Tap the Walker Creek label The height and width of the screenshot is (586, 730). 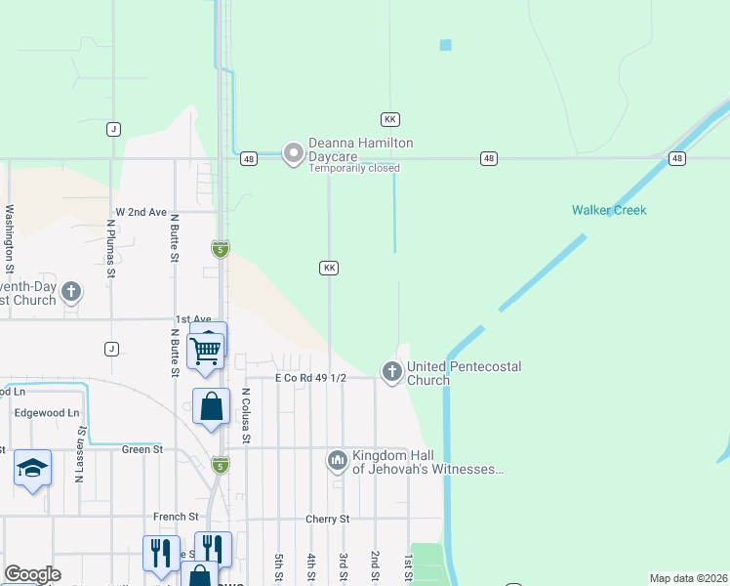tap(609, 210)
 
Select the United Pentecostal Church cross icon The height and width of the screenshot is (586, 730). tap(391, 372)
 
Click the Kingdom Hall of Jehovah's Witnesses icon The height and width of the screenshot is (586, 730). tap(338, 459)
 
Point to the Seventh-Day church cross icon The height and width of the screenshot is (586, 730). tap(71, 291)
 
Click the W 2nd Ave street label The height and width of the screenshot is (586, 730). tap(142, 212)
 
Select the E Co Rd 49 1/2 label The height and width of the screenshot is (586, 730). tap(310, 378)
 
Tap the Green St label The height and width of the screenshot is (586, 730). tap(142, 449)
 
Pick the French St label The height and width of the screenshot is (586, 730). tap(176, 516)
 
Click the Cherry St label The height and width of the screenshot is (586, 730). tap(327, 519)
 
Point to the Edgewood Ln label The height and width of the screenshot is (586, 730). tap(46, 413)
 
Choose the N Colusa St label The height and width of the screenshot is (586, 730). tap(246, 416)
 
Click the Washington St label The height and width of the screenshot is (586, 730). tap(10, 238)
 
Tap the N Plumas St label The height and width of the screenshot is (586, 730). tap(111, 250)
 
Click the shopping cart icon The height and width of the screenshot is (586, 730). tap(207, 349)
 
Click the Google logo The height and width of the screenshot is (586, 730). tap(32, 574)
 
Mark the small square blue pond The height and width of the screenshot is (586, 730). tap(446, 44)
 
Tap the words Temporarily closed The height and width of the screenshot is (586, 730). tap(354, 168)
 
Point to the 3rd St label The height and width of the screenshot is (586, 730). tap(344, 567)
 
